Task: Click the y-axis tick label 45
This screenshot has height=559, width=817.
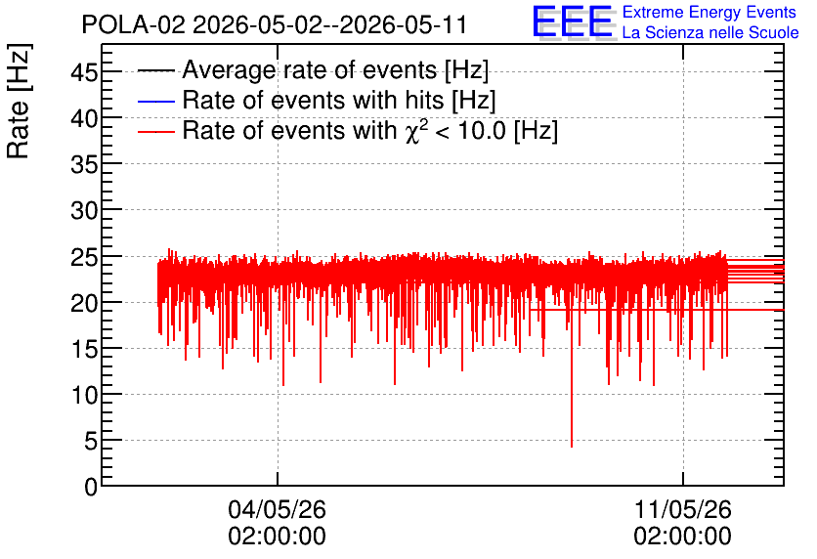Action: [x=84, y=72]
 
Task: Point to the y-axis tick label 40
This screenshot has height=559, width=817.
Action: [x=84, y=118]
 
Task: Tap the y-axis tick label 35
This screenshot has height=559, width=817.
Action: [x=84, y=164]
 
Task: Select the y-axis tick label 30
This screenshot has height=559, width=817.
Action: [x=84, y=210]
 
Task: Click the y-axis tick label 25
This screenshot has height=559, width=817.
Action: [x=84, y=257]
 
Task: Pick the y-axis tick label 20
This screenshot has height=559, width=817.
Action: [x=84, y=303]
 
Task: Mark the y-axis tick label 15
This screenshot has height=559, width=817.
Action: [x=84, y=349]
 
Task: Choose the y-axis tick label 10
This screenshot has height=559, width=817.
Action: [x=84, y=396]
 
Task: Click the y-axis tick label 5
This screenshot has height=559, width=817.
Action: [x=91, y=442]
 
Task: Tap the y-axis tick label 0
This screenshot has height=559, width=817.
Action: [x=91, y=487]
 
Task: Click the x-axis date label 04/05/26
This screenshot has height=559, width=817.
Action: [x=278, y=509]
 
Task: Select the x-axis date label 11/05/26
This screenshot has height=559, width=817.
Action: [x=682, y=509]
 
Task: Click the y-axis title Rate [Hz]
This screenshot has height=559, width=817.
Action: [x=19, y=101]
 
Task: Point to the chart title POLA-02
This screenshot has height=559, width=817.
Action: [x=133, y=24]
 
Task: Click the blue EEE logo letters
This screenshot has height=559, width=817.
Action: [x=572, y=21]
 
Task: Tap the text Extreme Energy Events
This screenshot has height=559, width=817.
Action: [x=709, y=12]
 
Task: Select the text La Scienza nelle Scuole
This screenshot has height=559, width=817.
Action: [x=710, y=32]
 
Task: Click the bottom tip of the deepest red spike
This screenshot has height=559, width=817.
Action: [x=572, y=447]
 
